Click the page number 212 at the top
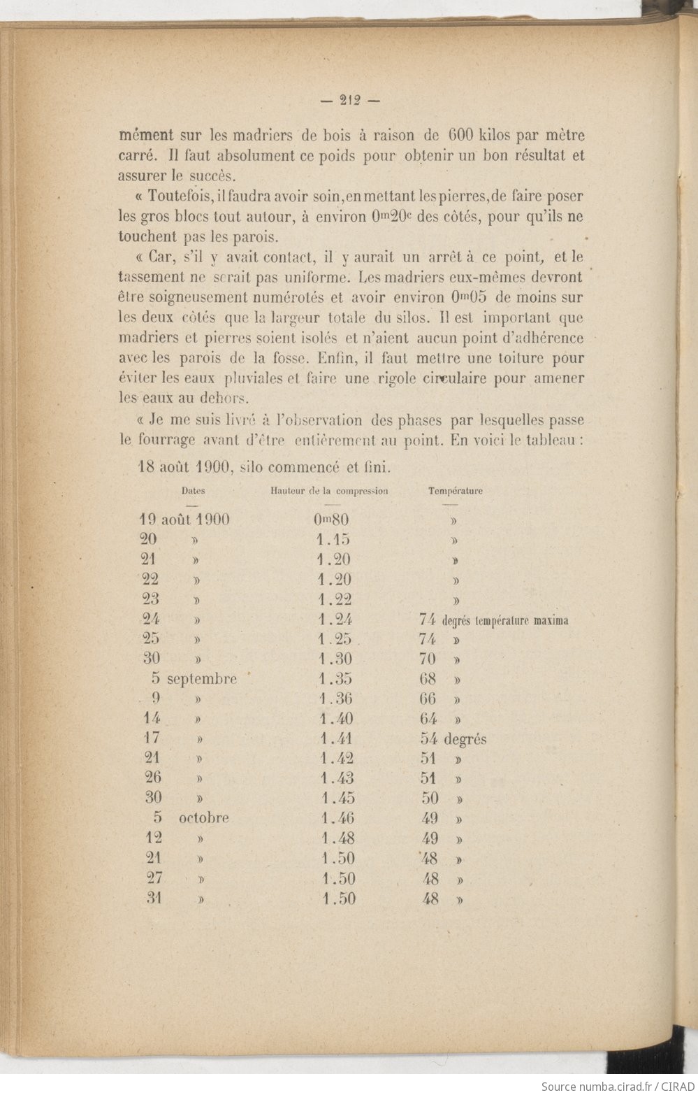349,100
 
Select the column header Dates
194,491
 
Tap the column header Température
455,491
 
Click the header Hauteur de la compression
329,491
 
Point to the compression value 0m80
331,520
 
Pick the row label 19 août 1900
184,520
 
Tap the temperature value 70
428,659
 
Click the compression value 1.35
335,678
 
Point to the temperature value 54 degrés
453,739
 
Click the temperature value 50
430,798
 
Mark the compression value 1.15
333,539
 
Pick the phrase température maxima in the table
505,620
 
